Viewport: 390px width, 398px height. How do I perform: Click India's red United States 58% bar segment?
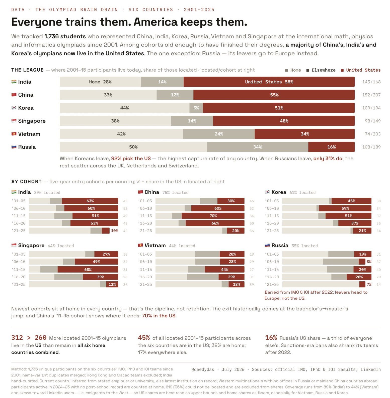(x=269, y=82)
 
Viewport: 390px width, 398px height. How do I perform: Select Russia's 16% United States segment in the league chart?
(x=331, y=147)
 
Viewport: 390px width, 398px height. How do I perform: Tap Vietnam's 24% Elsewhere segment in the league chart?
(x=219, y=134)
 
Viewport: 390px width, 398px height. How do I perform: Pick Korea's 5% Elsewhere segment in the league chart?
(x=196, y=108)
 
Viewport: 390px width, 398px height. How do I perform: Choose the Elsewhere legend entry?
(x=321, y=70)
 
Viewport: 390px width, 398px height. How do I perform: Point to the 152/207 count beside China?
(x=371, y=95)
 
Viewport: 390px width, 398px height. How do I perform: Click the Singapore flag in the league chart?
(x=14, y=121)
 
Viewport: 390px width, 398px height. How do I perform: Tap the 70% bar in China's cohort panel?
(x=213, y=216)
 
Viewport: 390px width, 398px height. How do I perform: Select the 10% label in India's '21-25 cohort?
(x=114, y=231)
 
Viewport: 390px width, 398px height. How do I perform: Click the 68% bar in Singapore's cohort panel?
(x=88, y=269)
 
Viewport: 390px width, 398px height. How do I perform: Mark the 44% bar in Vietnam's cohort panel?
(x=224, y=269)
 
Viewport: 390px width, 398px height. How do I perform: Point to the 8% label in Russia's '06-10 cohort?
(x=369, y=262)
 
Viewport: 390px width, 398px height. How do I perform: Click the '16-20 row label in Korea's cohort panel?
(x=272, y=223)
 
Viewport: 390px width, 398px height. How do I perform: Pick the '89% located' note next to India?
(x=47, y=192)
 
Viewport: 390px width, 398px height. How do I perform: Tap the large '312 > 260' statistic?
(x=29, y=338)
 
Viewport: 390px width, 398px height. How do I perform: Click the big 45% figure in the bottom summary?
(x=144, y=338)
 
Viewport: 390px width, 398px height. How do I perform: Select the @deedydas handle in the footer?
(x=203, y=369)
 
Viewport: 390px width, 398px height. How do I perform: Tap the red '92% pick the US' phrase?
(x=131, y=158)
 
